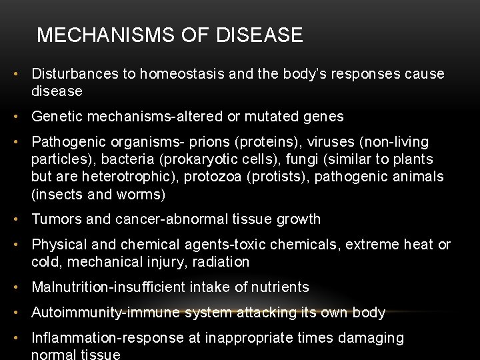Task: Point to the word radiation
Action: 221,262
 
